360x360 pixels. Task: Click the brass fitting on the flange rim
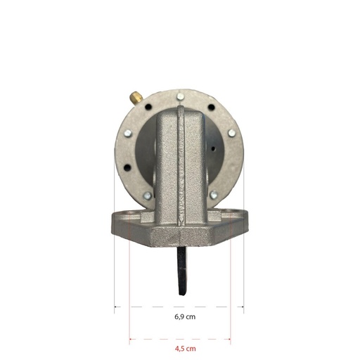point(136,98)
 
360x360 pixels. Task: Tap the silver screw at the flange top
point(180,96)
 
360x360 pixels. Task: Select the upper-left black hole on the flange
point(148,107)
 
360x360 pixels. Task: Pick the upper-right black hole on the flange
point(212,107)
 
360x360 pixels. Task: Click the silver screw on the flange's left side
point(128,133)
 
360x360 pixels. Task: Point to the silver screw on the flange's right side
point(232,133)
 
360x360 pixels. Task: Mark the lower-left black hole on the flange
point(127,167)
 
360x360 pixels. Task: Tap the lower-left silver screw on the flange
point(147,195)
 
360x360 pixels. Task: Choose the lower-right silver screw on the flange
point(214,195)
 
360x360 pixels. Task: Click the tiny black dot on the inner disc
point(214,148)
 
